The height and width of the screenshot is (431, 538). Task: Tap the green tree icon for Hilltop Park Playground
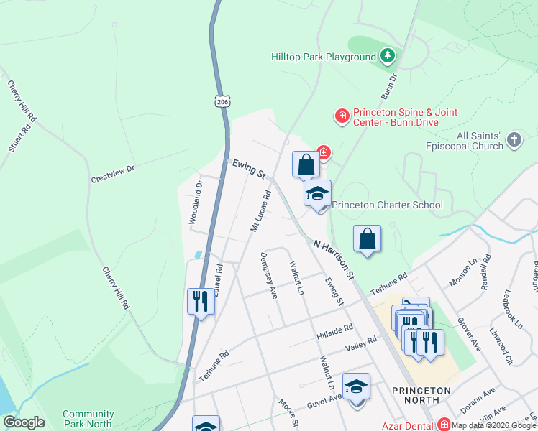tap(388, 55)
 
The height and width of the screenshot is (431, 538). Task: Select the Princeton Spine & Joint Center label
tap(405, 117)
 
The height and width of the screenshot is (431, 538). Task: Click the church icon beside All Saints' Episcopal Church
tap(514, 140)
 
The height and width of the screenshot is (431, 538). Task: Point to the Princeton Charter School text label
tap(387, 205)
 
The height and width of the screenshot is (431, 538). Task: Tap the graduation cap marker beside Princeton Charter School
tap(317, 193)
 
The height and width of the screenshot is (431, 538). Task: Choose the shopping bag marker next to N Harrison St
tap(367, 239)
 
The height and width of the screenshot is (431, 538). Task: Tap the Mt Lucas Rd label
tap(260, 211)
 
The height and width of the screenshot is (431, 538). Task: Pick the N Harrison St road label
tap(334, 259)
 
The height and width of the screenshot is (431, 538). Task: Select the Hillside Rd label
tap(334, 331)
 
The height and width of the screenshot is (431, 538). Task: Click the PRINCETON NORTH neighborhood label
tap(421, 396)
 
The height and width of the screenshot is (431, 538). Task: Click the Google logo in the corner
tap(24, 422)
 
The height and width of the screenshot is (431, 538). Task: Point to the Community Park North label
tap(88, 419)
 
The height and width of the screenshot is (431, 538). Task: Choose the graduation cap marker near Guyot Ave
tap(355, 387)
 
